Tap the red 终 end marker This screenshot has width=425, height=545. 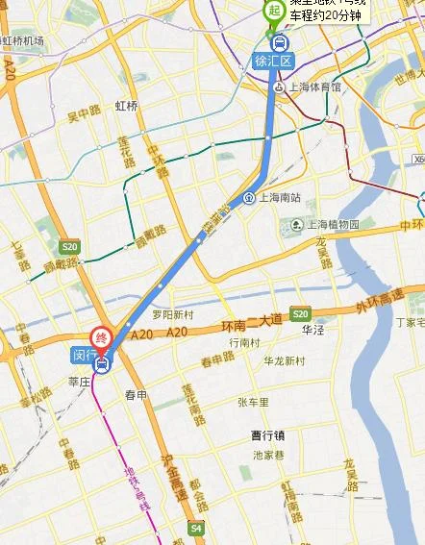(x=100, y=338)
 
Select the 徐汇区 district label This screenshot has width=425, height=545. (x=270, y=61)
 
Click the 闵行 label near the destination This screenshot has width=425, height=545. (x=84, y=356)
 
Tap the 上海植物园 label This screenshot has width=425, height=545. (x=332, y=225)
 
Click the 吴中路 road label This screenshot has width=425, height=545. (x=83, y=118)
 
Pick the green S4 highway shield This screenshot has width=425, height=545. (x=196, y=528)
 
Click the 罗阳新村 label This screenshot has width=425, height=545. (x=173, y=315)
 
